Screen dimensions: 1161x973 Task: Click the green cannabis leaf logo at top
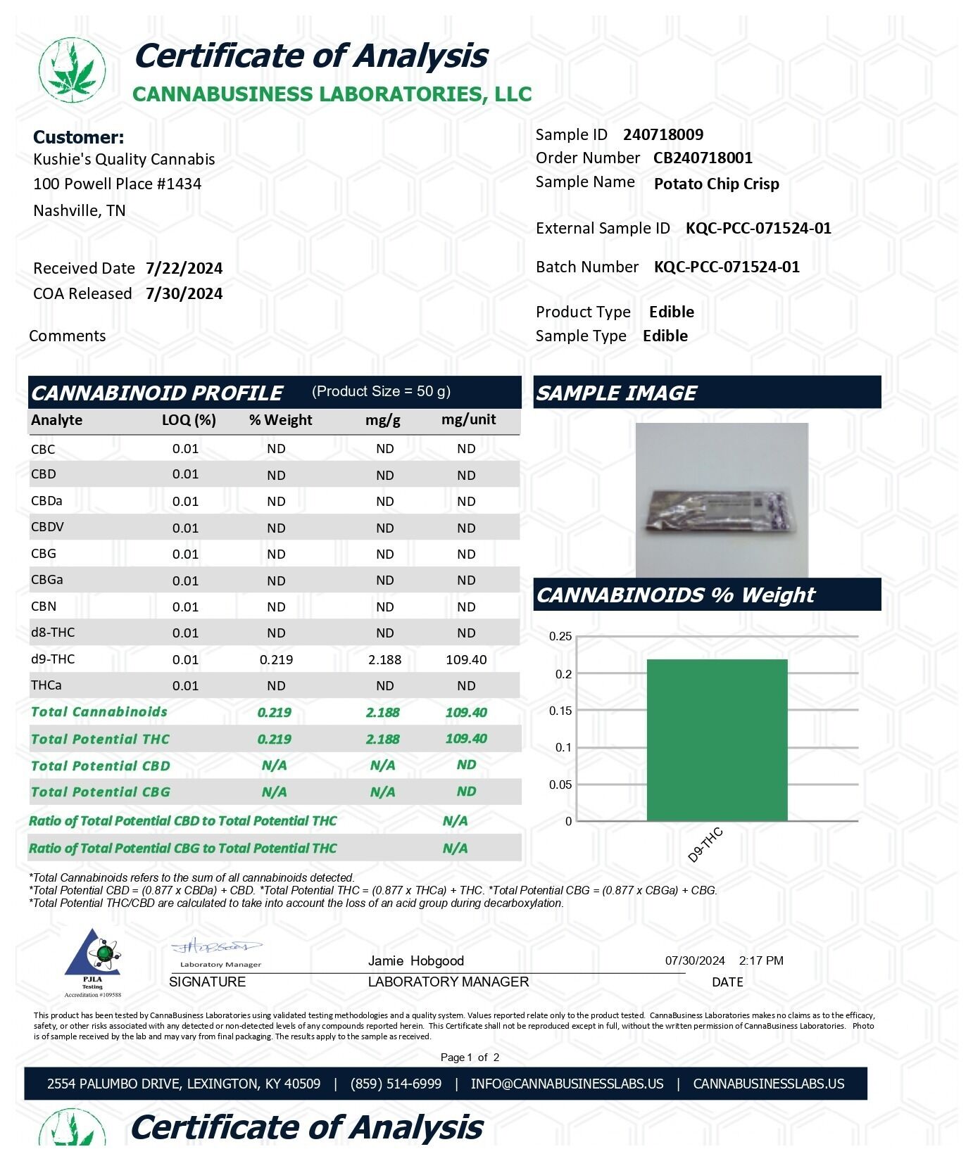pos(72,70)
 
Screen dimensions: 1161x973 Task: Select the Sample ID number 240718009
pos(663,134)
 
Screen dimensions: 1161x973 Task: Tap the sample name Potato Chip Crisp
pos(716,184)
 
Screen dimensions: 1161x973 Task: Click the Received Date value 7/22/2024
pos(184,268)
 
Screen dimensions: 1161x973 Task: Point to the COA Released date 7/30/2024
pos(184,293)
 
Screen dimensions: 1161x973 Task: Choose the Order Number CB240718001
pos(702,158)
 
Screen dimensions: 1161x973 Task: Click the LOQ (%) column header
pos(189,420)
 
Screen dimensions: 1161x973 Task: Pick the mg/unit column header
pos(468,419)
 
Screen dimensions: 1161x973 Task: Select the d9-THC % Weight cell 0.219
pos(276,659)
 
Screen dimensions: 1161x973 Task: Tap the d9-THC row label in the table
pos(53,659)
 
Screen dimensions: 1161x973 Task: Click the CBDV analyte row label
pos(47,527)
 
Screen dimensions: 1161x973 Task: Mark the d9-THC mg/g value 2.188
pos(384,659)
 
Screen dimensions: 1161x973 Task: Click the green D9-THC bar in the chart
pos(717,739)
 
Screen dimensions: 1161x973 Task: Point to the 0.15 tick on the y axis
pos(560,711)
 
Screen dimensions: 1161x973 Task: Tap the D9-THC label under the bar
pos(705,845)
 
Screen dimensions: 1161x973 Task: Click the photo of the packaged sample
pos(722,500)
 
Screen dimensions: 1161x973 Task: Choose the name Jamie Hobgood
pos(415,960)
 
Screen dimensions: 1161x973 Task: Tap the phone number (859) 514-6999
pos(396,1084)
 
